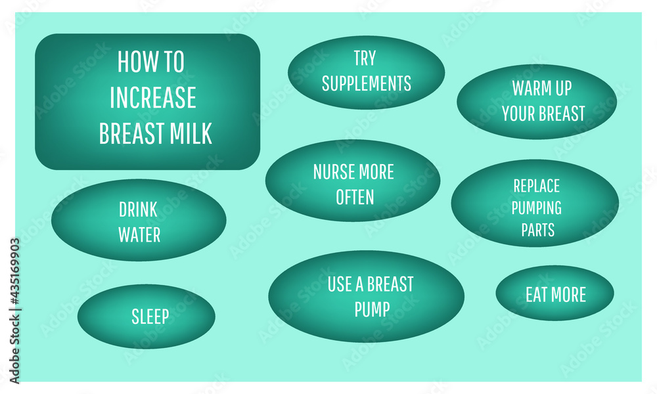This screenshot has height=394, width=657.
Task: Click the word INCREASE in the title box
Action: click(153, 98)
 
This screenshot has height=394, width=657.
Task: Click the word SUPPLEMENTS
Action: click(366, 83)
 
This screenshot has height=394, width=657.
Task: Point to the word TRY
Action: click(365, 58)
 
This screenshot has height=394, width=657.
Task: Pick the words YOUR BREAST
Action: click(543, 114)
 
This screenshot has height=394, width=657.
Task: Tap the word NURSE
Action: click(334, 172)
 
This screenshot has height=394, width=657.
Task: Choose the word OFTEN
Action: click(355, 197)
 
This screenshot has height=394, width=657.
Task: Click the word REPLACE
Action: click(536, 186)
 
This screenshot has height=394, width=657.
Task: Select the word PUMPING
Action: click(536, 208)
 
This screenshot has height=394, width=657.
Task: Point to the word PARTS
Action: click(537, 230)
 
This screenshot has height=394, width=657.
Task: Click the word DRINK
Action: click(138, 209)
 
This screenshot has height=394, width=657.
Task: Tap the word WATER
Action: click(139, 235)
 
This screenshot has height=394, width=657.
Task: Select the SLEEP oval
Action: click(147, 317)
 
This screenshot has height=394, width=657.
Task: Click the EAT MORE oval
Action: click(555, 293)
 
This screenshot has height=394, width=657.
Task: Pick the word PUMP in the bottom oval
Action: click(372, 309)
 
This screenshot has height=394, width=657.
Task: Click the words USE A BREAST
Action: click(371, 284)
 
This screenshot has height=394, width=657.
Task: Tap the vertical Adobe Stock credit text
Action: click(14, 311)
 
